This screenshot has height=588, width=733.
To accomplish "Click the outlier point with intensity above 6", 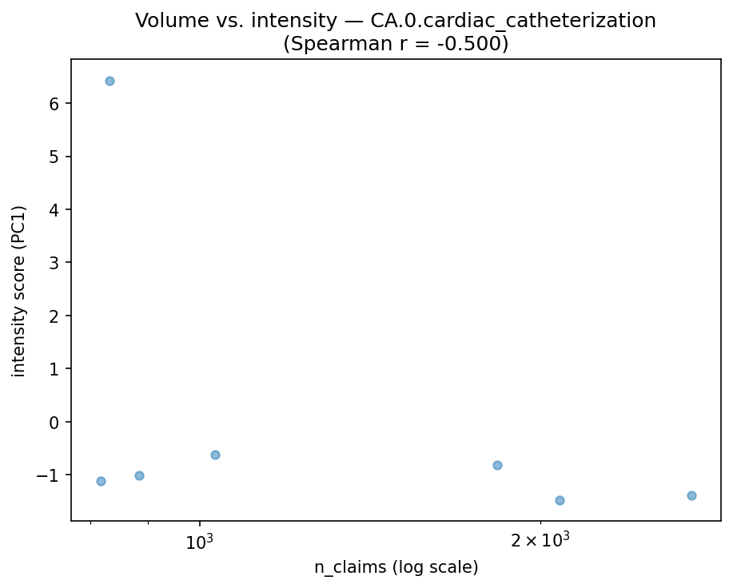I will click(110, 81).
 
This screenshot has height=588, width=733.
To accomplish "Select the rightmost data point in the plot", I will click(691, 495).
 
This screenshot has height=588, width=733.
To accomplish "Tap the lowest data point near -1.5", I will click(560, 500).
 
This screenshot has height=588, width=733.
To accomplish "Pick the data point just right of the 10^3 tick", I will click(215, 455).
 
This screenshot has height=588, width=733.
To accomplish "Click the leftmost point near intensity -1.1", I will click(101, 481).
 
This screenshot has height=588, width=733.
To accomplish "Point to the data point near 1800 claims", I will click(497, 465).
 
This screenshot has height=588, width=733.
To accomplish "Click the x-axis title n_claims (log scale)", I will click(396, 567).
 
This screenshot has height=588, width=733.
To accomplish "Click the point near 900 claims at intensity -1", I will click(139, 475).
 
